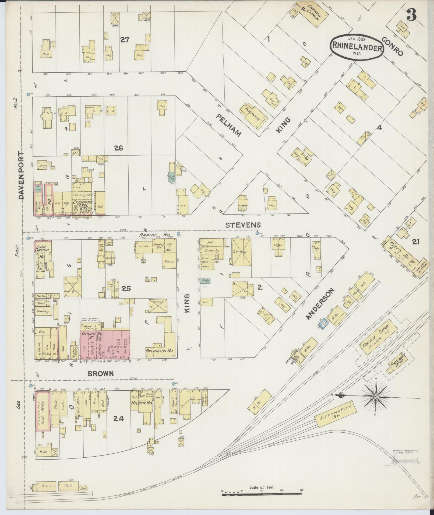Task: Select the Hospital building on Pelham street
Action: [x=252, y=114]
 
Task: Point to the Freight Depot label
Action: [x=373, y=337]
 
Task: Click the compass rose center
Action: [x=376, y=396]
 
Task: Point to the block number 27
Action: [x=125, y=40]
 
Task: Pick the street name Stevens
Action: [x=243, y=225]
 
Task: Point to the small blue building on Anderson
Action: [x=323, y=323]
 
